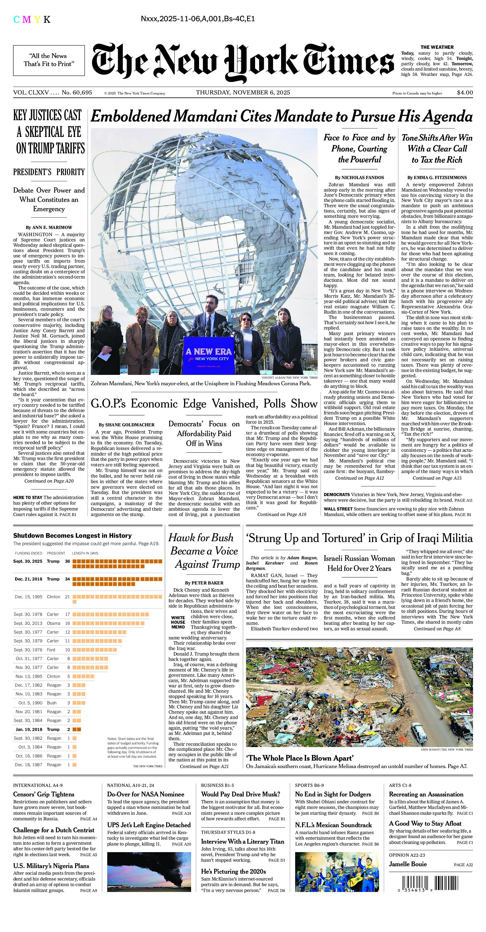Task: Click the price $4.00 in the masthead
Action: [x=465, y=93]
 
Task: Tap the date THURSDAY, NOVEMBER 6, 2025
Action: [x=243, y=93]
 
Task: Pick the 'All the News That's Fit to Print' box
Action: [x=49, y=60]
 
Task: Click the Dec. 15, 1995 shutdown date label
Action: [x=28, y=597]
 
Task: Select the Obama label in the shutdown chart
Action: [x=54, y=623]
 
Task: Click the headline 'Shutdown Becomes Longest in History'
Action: [x=72, y=535]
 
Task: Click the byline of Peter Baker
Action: [x=204, y=583]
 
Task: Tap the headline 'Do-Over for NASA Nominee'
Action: [x=145, y=794]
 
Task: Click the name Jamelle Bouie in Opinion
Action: [x=408, y=864]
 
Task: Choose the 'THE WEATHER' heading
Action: [x=437, y=47]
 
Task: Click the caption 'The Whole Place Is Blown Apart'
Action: [x=300, y=758]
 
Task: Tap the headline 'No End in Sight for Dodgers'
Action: [x=333, y=794]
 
